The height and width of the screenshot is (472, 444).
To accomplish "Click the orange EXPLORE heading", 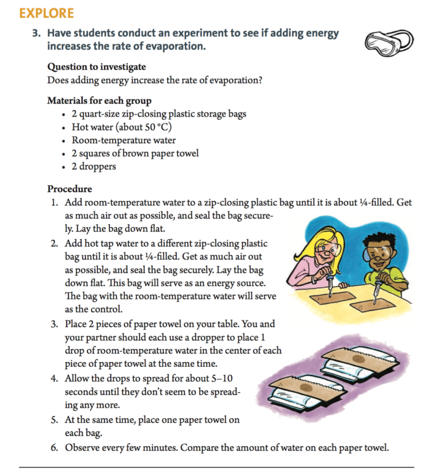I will [46, 13].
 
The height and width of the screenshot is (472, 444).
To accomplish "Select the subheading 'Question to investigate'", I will [96, 66].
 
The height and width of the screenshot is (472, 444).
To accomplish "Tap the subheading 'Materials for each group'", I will [99, 101].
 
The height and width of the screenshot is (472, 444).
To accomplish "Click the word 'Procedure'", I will [69, 189].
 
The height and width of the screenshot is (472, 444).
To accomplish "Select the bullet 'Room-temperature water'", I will [124, 140].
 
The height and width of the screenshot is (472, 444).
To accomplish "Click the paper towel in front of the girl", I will [333, 299].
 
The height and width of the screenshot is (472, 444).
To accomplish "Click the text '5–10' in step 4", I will [227, 379].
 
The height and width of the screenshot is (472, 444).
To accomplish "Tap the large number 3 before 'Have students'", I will [36, 34].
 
